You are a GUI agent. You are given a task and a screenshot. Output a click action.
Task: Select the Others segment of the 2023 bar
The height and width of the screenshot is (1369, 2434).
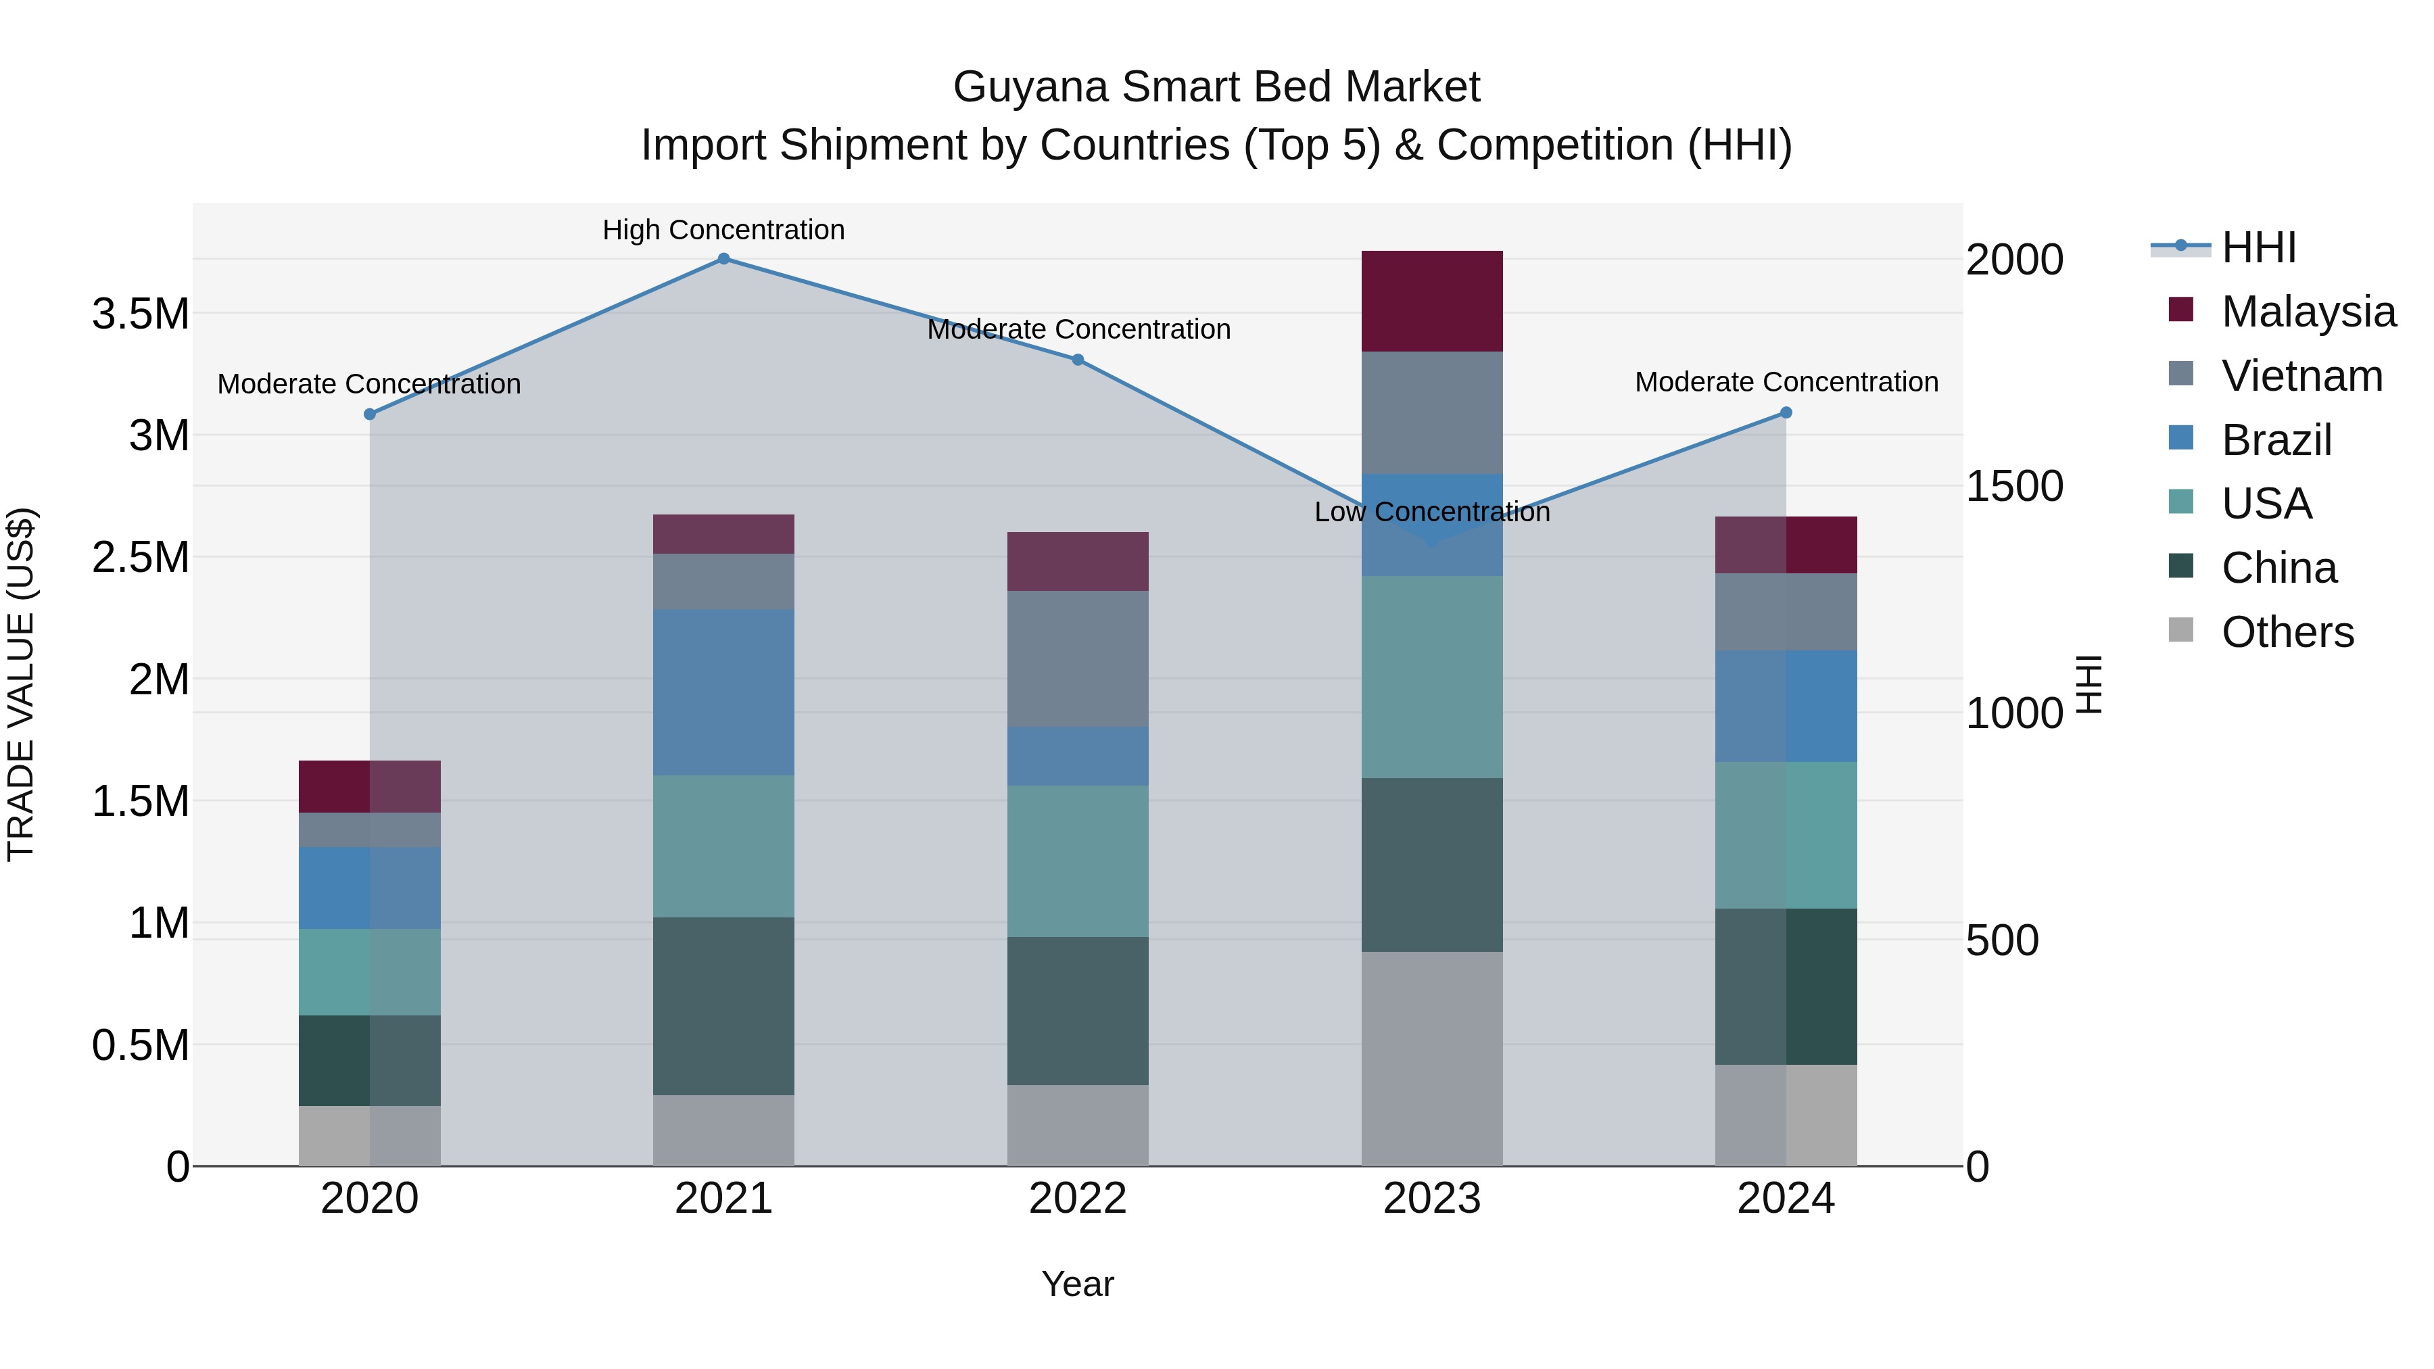[x=1431, y=1058]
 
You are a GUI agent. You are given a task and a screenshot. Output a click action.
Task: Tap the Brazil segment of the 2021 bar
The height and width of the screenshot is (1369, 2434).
[x=723, y=692]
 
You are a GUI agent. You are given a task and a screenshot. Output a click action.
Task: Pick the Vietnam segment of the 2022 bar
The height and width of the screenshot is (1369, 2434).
[x=1077, y=658]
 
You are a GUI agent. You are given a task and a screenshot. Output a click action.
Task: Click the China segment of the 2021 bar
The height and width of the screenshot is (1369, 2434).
[x=723, y=1005]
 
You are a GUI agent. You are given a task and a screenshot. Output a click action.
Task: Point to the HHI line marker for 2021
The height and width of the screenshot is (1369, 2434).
[x=723, y=258]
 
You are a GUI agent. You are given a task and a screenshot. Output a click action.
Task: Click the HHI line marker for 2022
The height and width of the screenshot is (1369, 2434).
[x=1077, y=359]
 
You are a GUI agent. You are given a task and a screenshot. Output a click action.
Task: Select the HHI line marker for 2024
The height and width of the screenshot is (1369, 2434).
[x=1786, y=413]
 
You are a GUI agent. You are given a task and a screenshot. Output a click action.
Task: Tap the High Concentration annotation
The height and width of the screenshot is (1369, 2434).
[x=723, y=230]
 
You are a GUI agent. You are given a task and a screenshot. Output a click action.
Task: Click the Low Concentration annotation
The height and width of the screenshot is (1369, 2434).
[x=1431, y=512]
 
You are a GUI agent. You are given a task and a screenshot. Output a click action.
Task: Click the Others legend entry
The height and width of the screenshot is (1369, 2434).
[x=2287, y=632]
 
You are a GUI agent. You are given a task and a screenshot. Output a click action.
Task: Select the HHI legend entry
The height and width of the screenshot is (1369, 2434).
[x=2258, y=247]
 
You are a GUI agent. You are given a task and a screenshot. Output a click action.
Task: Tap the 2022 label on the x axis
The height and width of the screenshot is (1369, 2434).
[x=1077, y=1199]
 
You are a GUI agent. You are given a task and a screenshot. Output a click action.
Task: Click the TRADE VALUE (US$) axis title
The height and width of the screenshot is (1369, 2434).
[x=21, y=684]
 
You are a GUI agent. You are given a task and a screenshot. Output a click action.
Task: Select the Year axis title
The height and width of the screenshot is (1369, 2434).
[x=1077, y=1284]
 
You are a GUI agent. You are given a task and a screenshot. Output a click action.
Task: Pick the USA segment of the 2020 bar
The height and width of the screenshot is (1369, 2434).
[x=369, y=971]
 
